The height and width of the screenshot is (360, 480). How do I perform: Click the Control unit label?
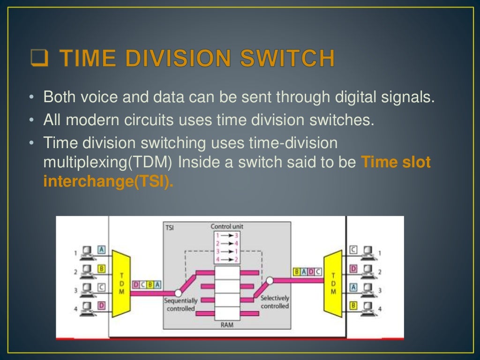(227, 227)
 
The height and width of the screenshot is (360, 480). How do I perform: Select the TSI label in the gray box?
(170, 228)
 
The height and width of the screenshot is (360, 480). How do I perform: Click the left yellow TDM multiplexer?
(120, 284)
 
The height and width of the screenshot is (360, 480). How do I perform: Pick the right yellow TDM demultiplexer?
(333, 284)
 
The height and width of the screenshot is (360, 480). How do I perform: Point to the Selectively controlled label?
(275, 302)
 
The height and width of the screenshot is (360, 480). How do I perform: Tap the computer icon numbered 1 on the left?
(86, 253)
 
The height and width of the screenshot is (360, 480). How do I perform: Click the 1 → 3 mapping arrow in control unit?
(227, 235)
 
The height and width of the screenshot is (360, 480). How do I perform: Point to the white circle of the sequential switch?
(178, 293)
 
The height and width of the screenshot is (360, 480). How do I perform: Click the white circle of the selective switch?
(270, 281)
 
